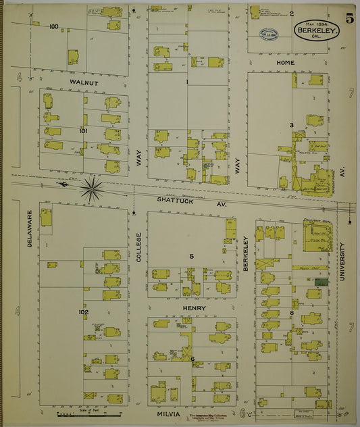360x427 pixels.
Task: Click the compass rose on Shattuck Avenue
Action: coord(92,188)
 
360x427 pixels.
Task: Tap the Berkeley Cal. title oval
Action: coord(317,30)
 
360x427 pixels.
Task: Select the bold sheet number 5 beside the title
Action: coord(350,20)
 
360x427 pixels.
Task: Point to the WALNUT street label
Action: coord(83,82)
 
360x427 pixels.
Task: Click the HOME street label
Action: coord(286,62)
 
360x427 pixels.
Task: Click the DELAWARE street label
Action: coord(30,227)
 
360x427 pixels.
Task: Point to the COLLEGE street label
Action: coord(139,247)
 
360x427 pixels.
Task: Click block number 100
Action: coord(54,27)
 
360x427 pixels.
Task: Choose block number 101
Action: coord(83,130)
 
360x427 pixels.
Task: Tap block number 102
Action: coord(83,312)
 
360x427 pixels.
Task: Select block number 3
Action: coord(291,125)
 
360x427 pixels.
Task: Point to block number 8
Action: coord(292,313)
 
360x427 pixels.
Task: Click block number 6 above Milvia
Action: coord(192,359)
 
